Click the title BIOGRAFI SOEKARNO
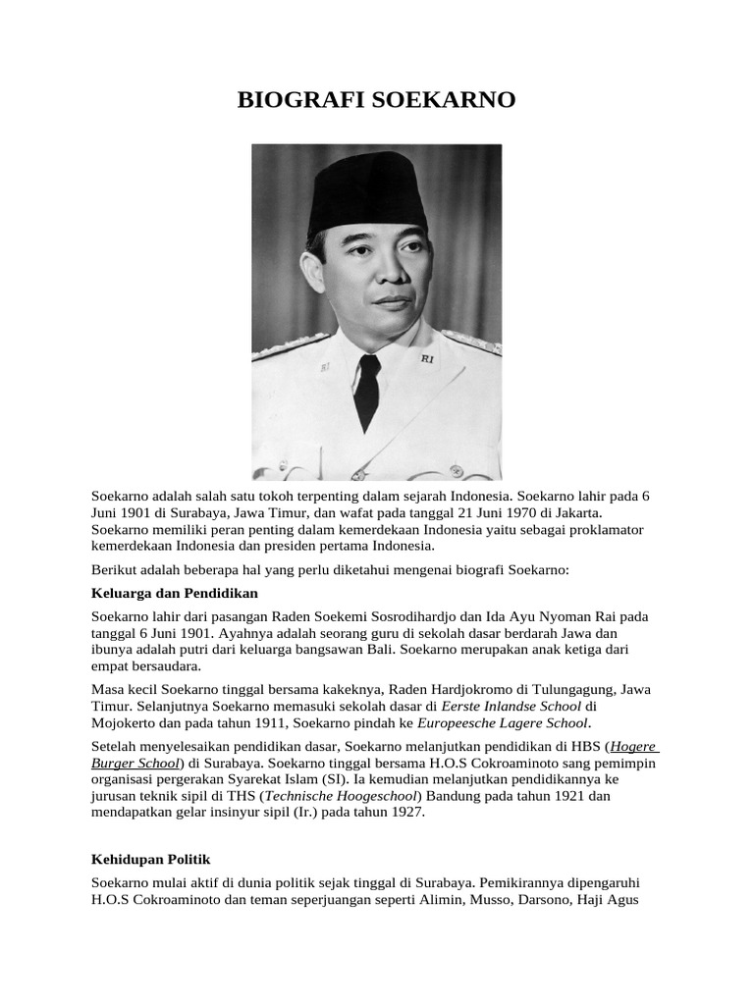(x=376, y=100)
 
